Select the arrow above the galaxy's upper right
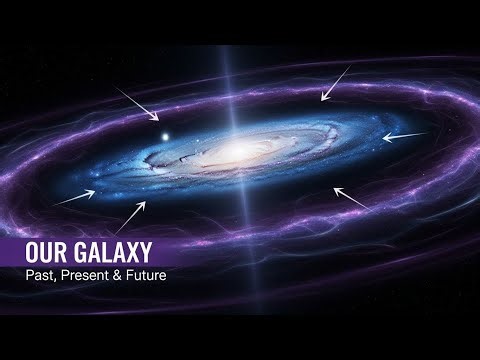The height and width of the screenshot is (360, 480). pos(334,83)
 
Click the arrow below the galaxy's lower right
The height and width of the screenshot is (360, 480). pos(351,198)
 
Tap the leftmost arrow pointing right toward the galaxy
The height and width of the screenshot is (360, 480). pos(74,197)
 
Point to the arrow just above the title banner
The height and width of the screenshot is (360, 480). pos(131,217)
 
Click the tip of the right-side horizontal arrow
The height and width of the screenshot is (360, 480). pos(383,137)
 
